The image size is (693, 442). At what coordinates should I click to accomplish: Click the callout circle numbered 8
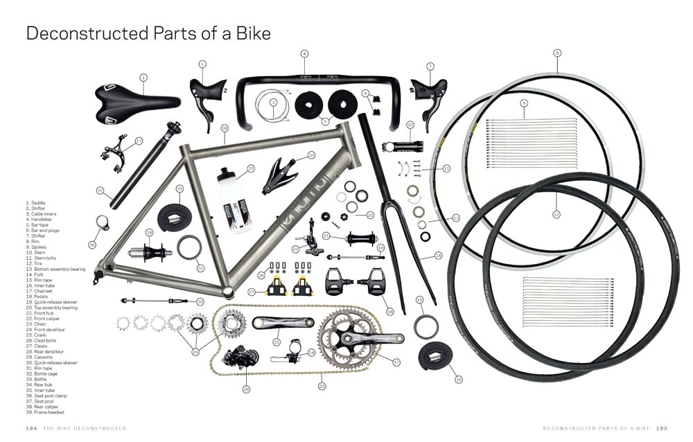pos(557,53)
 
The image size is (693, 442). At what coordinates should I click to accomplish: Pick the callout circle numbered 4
pos(304,53)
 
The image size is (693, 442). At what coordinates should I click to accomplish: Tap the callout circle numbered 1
pos(143,78)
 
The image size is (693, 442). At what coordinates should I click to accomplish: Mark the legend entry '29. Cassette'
pos(40,357)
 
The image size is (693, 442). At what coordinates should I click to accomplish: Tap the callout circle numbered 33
pos(251,168)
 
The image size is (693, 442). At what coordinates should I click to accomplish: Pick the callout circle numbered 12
pos(556,215)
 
